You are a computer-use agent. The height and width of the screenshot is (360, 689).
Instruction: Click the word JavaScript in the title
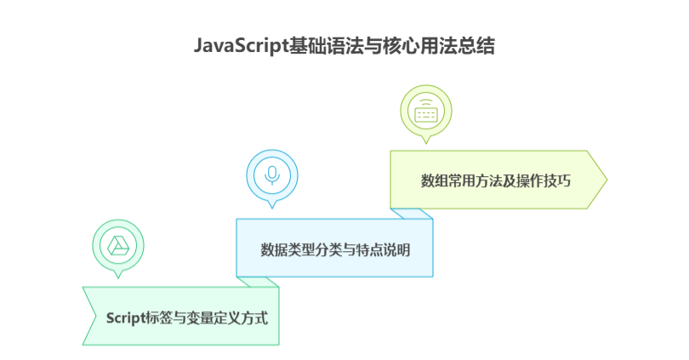click(240, 46)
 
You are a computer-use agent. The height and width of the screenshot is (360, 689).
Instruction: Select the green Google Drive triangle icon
click(117, 246)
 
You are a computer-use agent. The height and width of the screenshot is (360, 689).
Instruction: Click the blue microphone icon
click(272, 175)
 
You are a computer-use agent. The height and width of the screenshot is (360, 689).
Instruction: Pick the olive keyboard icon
click(425, 111)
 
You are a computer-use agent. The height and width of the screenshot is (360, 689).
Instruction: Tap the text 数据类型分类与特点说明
click(335, 250)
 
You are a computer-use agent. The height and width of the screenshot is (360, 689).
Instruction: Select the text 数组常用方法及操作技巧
click(496, 180)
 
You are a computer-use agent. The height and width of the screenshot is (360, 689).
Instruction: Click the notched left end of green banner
click(90, 315)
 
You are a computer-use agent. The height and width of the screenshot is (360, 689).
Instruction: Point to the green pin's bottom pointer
click(117, 274)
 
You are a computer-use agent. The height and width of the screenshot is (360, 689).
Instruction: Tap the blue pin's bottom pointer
click(272, 204)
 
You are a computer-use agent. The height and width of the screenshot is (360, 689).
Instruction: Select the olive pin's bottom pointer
click(425, 140)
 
